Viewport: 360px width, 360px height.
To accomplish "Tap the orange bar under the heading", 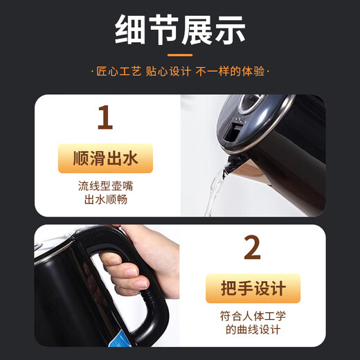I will [x=180, y=54].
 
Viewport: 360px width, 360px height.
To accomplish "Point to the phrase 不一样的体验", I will [x=235, y=72].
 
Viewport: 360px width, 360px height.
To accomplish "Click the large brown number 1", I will [x=105, y=117].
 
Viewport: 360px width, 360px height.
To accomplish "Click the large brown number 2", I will [x=253, y=247].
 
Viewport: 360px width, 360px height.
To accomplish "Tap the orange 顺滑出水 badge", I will [x=105, y=159].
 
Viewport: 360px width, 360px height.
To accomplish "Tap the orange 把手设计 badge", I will [x=253, y=289].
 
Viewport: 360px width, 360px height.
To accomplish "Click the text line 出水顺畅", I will [x=105, y=201].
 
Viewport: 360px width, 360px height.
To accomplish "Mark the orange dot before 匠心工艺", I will [x=93, y=72].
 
